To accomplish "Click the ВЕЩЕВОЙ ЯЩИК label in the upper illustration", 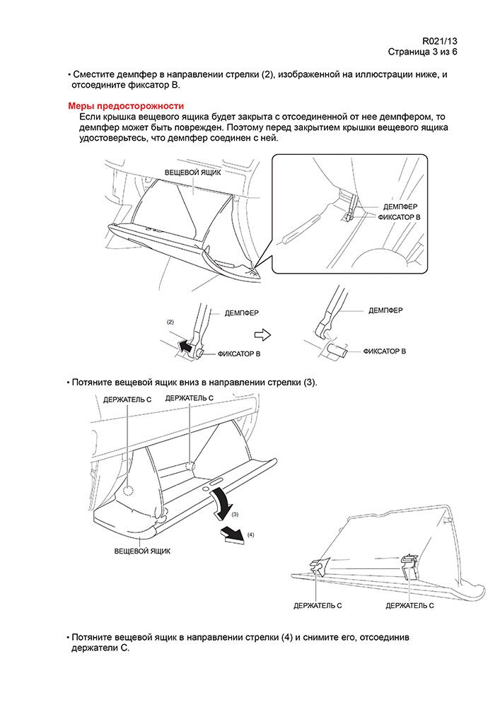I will click(x=193, y=173).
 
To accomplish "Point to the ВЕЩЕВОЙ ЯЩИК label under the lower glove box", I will click(x=142, y=550).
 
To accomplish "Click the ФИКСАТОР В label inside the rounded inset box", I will click(x=397, y=216).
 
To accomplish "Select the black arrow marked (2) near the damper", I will click(x=185, y=345).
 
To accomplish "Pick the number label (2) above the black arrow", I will click(x=170, y=322).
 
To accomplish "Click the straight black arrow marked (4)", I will click(x=230, y=534).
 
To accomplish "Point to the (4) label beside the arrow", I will click(x=250, y=535).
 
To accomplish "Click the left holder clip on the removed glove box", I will click(x=319, y=565).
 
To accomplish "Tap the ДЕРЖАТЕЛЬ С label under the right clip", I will click(x=409, y=606).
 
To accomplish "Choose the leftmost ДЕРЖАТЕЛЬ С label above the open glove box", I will click(x=127, y=399).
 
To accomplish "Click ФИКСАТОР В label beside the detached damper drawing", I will click(x=385, y=351).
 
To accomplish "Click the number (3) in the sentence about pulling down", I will click(x=309, y=382).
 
